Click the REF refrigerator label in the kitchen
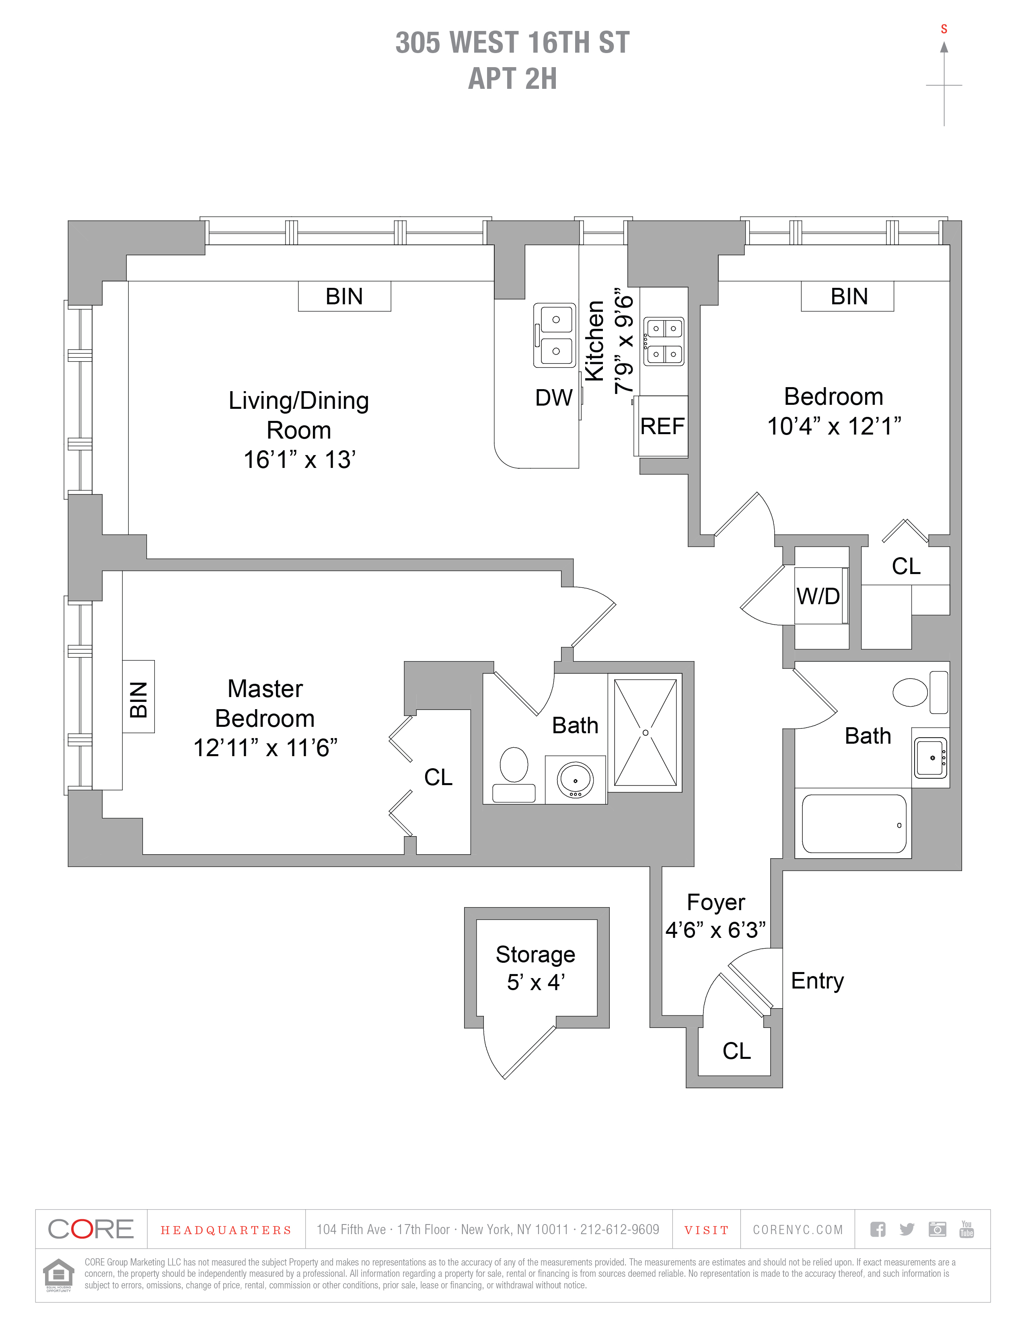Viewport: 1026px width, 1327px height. [x=662, y=426]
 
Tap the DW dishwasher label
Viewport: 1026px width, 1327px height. [x=553, y=398]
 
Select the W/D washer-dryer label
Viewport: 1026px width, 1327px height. [x=818, y=596]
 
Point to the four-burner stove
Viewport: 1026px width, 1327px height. [x=664, y=341]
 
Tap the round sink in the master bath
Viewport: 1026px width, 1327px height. [x=575, y=779]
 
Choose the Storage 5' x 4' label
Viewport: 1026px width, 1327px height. [x=535, y=967]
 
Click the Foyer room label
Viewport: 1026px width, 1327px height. [x=716, y=902]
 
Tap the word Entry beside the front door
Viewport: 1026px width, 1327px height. [x=817, y=980]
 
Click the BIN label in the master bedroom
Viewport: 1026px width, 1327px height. [x=139, y=699]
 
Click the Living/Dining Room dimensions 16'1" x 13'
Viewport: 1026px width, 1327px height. [x=299, y=460]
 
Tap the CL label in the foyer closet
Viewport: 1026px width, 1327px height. [x=736, y=1050]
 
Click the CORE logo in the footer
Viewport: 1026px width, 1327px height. [x=90, y=1229]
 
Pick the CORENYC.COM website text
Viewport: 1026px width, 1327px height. [x=798, y=1230]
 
